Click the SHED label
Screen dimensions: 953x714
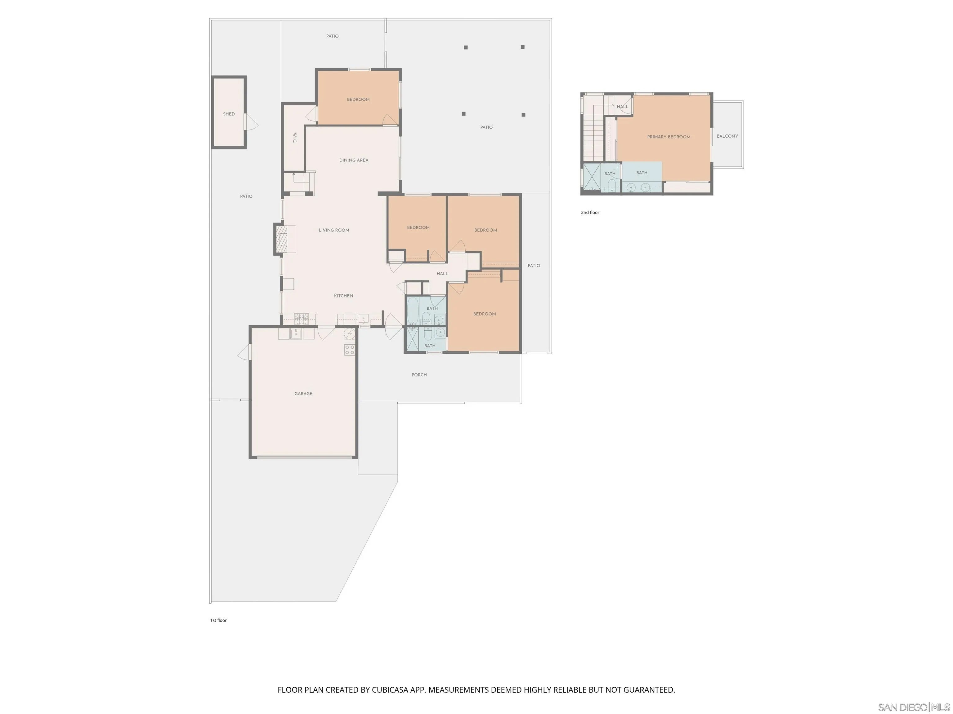click(229, 114)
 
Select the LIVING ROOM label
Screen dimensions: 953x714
click(334, 230)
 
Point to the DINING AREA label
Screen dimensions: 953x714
click(354, 160)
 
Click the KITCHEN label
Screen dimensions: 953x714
click(343, 296)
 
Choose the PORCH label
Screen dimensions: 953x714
click(419, 375)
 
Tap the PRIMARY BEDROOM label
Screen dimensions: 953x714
click(669, 137)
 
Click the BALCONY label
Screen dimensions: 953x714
click(727, 136)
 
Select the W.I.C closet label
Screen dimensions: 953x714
click(295, 138)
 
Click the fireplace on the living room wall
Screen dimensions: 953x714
click(281, 239)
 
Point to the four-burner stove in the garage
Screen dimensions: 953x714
click(349, 350)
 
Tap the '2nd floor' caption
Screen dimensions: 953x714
click(590, 213)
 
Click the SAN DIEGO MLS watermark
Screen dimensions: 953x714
click(914, 707)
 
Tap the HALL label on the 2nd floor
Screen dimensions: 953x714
click(623, 107)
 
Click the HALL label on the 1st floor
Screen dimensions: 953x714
click(442, 274)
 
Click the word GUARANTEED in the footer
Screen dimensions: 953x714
click(649, 690)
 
